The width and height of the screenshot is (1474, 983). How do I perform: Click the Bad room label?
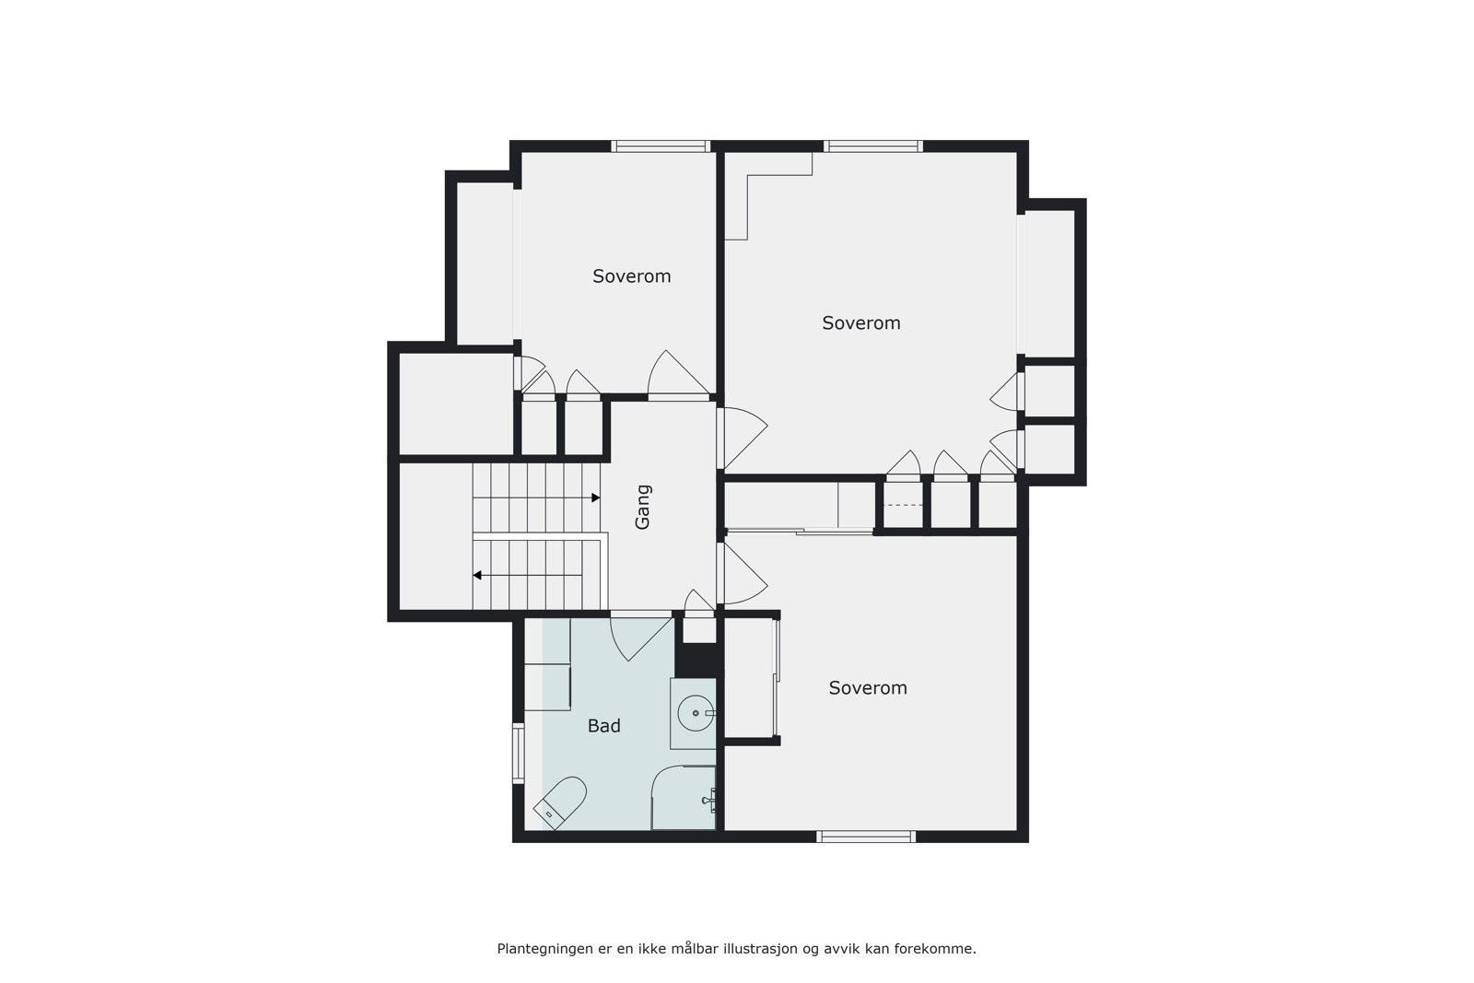coord(603,726)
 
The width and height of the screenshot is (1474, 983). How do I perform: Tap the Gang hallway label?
coord(643,507)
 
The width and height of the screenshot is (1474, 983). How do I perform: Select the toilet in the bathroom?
coord(561,802)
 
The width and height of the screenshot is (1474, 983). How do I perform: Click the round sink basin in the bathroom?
coord(695,713)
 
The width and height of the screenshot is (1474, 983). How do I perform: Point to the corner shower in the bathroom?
coord(684,798)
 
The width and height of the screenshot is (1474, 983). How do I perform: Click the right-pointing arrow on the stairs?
coord(595,497)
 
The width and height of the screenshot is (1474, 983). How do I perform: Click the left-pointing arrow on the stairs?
coord(477,576)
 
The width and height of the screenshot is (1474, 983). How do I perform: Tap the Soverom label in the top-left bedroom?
coord(631,276)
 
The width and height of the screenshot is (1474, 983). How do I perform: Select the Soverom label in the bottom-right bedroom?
coord(868,688)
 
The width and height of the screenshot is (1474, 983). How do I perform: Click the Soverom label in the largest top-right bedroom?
coord(860,323)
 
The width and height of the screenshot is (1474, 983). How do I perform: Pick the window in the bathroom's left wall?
coord(518,754)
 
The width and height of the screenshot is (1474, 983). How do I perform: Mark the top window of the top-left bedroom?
coord(661,146)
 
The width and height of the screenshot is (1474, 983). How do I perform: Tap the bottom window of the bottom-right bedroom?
coord(865,837)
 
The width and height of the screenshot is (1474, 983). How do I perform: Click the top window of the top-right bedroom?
coord(872,146)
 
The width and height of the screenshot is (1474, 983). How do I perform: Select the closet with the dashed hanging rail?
coord(903,506)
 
